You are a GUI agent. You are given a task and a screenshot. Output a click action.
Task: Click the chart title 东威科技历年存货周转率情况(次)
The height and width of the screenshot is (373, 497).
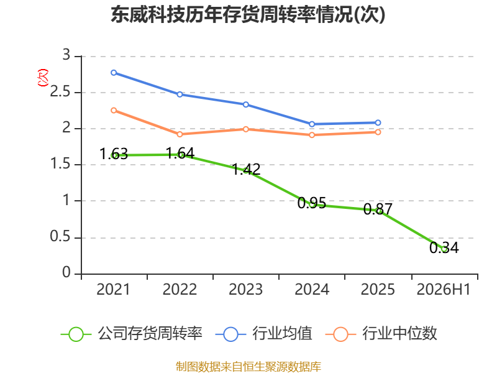[248, 14]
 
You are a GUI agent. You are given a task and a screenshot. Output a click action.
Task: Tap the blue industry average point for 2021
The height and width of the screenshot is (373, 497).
[114, 73]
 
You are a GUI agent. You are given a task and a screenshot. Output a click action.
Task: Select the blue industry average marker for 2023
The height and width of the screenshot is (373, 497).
[245, 104]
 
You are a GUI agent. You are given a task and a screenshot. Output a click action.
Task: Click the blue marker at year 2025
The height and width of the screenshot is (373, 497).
[378, 122]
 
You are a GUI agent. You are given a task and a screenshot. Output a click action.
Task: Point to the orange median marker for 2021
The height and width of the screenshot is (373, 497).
[114, 110]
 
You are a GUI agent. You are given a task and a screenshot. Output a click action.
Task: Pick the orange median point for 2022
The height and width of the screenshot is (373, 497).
[180, 134]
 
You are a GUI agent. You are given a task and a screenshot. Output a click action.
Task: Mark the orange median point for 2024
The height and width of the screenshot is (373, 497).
[312, 135]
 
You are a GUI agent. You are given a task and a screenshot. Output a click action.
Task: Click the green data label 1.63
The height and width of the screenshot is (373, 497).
[114, 154]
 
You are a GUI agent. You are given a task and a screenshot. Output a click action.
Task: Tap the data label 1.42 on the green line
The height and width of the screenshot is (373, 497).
[246, 169]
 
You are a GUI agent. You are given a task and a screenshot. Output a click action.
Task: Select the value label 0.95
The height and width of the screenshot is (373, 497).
[312, 203]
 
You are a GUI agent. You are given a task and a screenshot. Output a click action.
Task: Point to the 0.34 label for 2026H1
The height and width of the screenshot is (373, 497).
[444, 247]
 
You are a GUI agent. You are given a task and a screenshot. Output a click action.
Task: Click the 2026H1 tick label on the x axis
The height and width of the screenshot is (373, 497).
[444, 289]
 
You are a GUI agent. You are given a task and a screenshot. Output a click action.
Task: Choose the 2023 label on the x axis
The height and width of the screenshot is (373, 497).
[245, 289]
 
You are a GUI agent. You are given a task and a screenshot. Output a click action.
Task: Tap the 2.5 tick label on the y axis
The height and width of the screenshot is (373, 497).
[60, 91]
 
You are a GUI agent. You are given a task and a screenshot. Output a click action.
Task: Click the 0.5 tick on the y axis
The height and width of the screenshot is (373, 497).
[60, 236]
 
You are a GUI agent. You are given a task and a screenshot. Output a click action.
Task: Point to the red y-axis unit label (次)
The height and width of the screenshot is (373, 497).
[43, 78]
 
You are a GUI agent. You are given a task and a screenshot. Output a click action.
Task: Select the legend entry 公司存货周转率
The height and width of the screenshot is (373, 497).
[132, 334]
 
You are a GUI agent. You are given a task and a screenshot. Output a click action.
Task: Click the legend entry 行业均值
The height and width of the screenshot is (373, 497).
[263, 334]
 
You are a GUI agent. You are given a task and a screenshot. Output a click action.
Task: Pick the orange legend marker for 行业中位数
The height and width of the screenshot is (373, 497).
[340, 334]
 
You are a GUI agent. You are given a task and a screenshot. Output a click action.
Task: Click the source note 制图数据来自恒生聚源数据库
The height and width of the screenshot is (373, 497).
[248, 366]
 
